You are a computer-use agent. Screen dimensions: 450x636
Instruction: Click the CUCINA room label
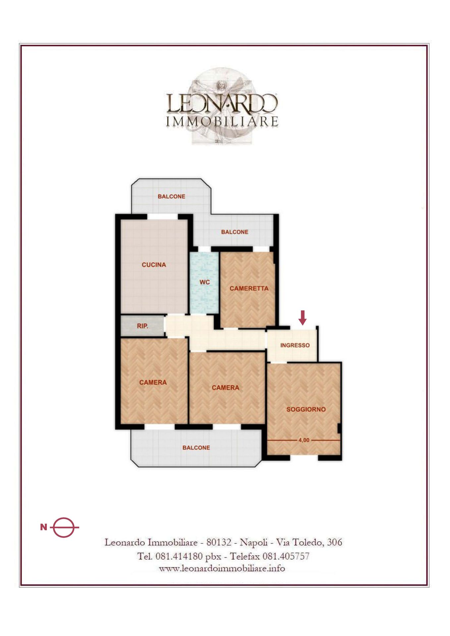tap(154, 265)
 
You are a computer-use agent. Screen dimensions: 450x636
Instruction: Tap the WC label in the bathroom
tap(205, 282)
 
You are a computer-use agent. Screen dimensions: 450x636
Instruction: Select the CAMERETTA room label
tap(249, 289)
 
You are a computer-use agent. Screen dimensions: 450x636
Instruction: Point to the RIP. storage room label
tap(142, 326)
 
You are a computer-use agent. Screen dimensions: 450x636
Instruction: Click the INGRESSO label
tap(295, 345)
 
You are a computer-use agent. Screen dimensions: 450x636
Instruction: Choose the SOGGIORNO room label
tap(306, 409)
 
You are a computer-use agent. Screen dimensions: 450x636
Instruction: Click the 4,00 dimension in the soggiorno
tap(304, 440)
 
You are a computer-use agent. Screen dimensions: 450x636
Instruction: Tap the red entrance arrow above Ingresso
tap(303, 317)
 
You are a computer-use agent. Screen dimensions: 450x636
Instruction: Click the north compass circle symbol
tap(64, 527)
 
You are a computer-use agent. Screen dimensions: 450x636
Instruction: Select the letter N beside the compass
tap(44, 527)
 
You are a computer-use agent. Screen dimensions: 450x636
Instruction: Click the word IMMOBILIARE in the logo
tap(222, 122)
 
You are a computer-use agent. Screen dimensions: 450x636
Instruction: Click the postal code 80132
tap(219, 542)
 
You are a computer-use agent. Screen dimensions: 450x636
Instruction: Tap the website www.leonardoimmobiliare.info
tap(222, 568)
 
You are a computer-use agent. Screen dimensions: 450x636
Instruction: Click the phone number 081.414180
tap(179, 556)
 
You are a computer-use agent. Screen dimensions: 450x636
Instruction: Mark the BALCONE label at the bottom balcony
tap(196, 448)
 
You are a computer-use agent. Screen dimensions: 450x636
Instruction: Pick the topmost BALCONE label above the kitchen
tap(171, 196)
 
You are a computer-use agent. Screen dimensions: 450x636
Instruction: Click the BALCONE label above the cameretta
tap(235, 232)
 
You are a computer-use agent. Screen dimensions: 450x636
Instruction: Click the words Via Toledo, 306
tap(309, 542)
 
